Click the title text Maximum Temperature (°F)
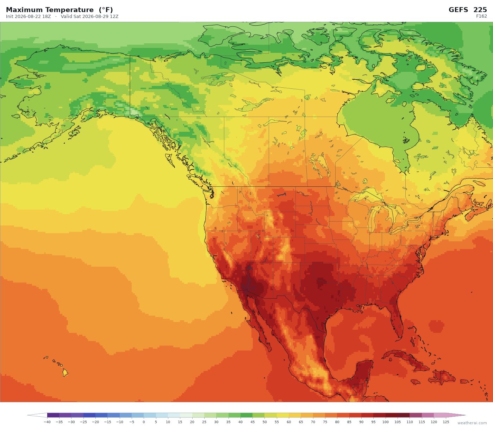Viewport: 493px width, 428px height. [59, 10]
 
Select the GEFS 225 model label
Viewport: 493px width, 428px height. [468, 10]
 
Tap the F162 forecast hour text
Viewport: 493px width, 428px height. [481, 16]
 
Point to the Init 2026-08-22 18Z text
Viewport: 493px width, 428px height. [29, 17]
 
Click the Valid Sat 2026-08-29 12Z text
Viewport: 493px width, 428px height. [89, 17]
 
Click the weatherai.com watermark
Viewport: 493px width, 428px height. [472, 423]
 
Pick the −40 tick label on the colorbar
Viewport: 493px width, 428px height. [47, 422]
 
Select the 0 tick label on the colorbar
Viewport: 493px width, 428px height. [144, 422]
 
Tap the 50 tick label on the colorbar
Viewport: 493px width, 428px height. [264, 422]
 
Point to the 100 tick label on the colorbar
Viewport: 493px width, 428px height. [386, 422]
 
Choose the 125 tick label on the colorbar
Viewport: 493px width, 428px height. [446, 422]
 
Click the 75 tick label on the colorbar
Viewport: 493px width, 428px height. [325, 422]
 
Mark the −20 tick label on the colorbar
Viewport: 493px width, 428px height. [95, 422]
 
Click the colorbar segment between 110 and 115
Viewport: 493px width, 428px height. [416, 415]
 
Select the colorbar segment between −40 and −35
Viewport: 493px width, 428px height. [53, 415]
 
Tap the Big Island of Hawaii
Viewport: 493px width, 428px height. [65, 373]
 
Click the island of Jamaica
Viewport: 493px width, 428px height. [416, 382]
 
